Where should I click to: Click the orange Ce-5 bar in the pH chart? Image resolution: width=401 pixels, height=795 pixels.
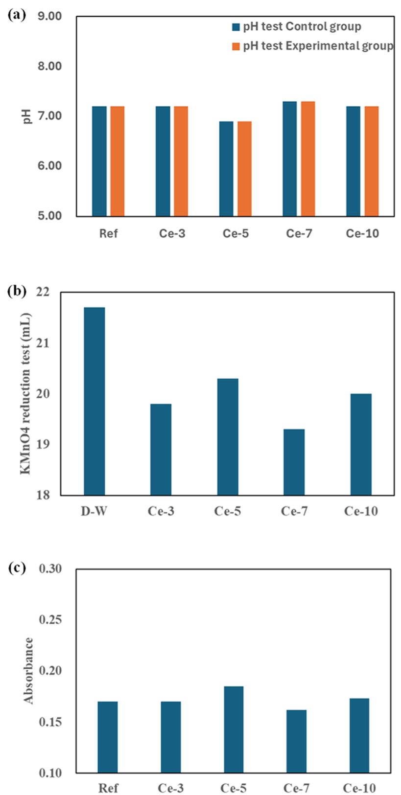point(244,169)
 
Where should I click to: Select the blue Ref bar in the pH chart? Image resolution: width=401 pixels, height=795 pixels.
point(99,161)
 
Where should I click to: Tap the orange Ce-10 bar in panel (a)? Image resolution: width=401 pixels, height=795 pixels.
point(372,161)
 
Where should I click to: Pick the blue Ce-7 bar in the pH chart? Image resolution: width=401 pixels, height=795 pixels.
point(290,159)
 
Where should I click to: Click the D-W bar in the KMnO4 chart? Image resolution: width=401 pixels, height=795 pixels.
point(94,401)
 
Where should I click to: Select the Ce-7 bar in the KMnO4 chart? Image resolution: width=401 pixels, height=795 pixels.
point(294,462)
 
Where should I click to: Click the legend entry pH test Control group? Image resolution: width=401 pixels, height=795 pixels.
point(297,26)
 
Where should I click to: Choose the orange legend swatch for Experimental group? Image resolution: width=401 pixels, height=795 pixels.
point(236,46)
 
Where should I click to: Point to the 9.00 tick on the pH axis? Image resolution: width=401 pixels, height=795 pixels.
point(50,16)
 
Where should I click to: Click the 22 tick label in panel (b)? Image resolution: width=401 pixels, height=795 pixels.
point(43,292)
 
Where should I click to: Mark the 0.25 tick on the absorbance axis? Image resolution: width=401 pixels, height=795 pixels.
point(50,620)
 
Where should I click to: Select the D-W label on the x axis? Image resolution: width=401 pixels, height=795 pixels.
point(94,511)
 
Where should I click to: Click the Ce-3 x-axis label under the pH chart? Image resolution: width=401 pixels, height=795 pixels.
point(172,233)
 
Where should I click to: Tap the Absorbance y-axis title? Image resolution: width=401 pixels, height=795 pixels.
point(28,670)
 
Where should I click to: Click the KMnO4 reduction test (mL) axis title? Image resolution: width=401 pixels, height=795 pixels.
point(25,394)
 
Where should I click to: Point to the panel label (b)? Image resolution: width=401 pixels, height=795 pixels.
point(17,291)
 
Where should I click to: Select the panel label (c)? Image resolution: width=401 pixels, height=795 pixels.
point(17,568)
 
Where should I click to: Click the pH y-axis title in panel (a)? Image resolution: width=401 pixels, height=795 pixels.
point(27,116)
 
